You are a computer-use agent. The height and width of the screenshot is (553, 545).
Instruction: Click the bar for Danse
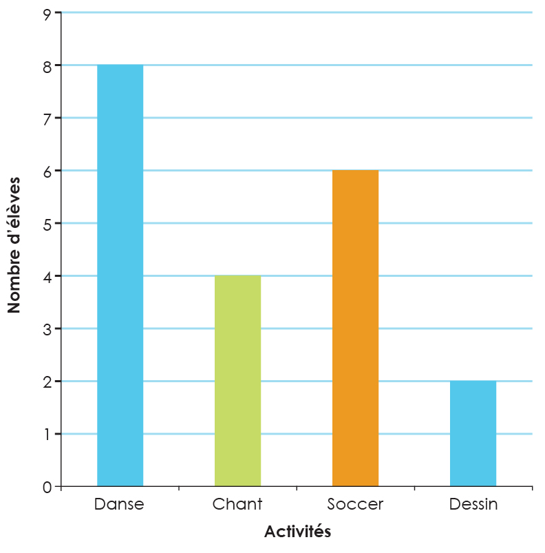tap(120, 275)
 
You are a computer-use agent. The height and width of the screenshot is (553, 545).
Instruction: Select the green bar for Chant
tap(237, 381)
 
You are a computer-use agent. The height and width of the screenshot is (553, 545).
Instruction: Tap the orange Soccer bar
tap(355, 328)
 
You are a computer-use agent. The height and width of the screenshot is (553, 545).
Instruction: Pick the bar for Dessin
tap(473, 434)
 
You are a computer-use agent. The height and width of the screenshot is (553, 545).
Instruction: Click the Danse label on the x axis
tap(119, 504)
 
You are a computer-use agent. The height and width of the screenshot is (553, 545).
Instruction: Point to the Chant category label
tap(237, 504)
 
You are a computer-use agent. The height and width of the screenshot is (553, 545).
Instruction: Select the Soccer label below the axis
tap(355, 504)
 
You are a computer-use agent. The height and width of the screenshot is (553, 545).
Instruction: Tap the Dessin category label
tap(473, 504)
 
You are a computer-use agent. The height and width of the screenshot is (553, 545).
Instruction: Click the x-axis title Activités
tap(297, 532)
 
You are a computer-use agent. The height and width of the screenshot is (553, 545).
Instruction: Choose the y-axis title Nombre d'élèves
tap(14, 245)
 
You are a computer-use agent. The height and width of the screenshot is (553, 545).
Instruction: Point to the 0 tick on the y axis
tap(47, 487)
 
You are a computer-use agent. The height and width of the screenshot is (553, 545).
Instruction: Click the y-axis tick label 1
tap(47, 434)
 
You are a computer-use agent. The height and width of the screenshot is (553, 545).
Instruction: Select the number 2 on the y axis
tap(47, 382)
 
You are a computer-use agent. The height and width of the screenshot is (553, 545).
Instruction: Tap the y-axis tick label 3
tap(47, 328)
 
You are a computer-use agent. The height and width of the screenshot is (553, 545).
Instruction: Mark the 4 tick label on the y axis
tap(47, 276)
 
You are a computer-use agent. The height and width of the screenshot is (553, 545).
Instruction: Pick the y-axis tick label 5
tap(47, 223)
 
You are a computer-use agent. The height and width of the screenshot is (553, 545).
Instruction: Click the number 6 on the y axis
tap(47, 171)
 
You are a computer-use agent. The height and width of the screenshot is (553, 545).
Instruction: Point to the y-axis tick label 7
tap(47, 118)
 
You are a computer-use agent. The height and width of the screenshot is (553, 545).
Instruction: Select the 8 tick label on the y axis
tap(47, 65)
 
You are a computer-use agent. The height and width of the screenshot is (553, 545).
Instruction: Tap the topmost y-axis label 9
tap(47, 12)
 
